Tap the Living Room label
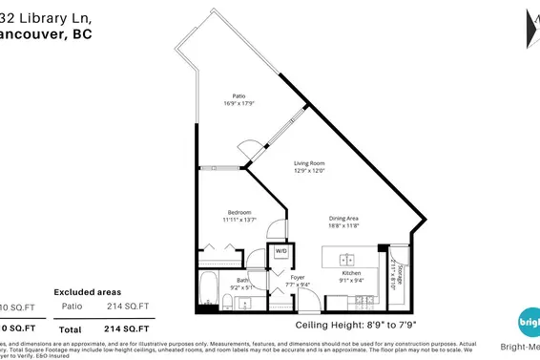309,163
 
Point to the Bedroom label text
239,212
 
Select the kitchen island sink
348,258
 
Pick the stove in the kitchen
365,302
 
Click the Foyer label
298,277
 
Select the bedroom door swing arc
275,229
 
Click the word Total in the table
70,328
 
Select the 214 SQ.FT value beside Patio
129,306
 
